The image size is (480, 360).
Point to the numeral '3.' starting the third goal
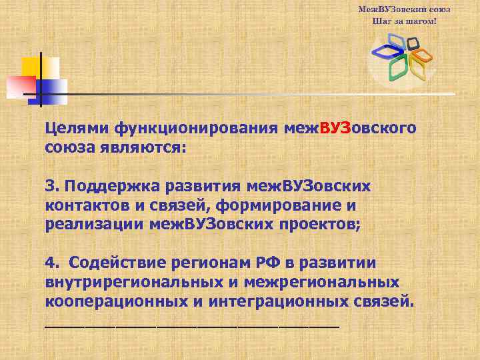[x=53, y=185]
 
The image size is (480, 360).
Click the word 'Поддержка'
[x=114, y=185]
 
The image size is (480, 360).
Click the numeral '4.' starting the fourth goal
[x=53, y=262]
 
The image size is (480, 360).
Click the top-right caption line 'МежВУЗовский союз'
[x=404, y=10]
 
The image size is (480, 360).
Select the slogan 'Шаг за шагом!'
[x=404, y=21]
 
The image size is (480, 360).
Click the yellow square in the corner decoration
[x=31, y=67]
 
